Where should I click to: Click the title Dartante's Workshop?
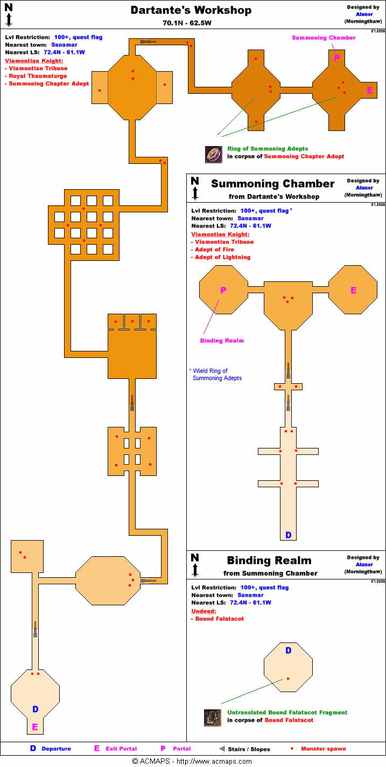pos(191,10)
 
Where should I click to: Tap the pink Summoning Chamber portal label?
pos(324,38)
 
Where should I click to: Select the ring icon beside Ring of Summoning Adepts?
pos(213,155)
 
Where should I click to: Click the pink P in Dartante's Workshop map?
pos(336,58)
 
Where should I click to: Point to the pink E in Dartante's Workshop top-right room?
pos(369,91)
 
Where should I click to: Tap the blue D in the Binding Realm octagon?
pos(288,651)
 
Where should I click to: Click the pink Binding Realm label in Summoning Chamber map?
pos(222,341)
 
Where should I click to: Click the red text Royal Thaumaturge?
pos(38,76)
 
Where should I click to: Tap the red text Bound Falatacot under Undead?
pos(219,619)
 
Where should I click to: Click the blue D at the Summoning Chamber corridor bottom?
pos(288,535)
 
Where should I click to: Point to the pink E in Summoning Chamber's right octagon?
pos(354,291)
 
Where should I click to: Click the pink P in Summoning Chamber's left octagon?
pos(223,291)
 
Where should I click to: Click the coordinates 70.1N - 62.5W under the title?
pos(191,23)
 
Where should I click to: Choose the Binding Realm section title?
pos(269,561)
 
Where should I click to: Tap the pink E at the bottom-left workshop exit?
pos(35,727)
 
